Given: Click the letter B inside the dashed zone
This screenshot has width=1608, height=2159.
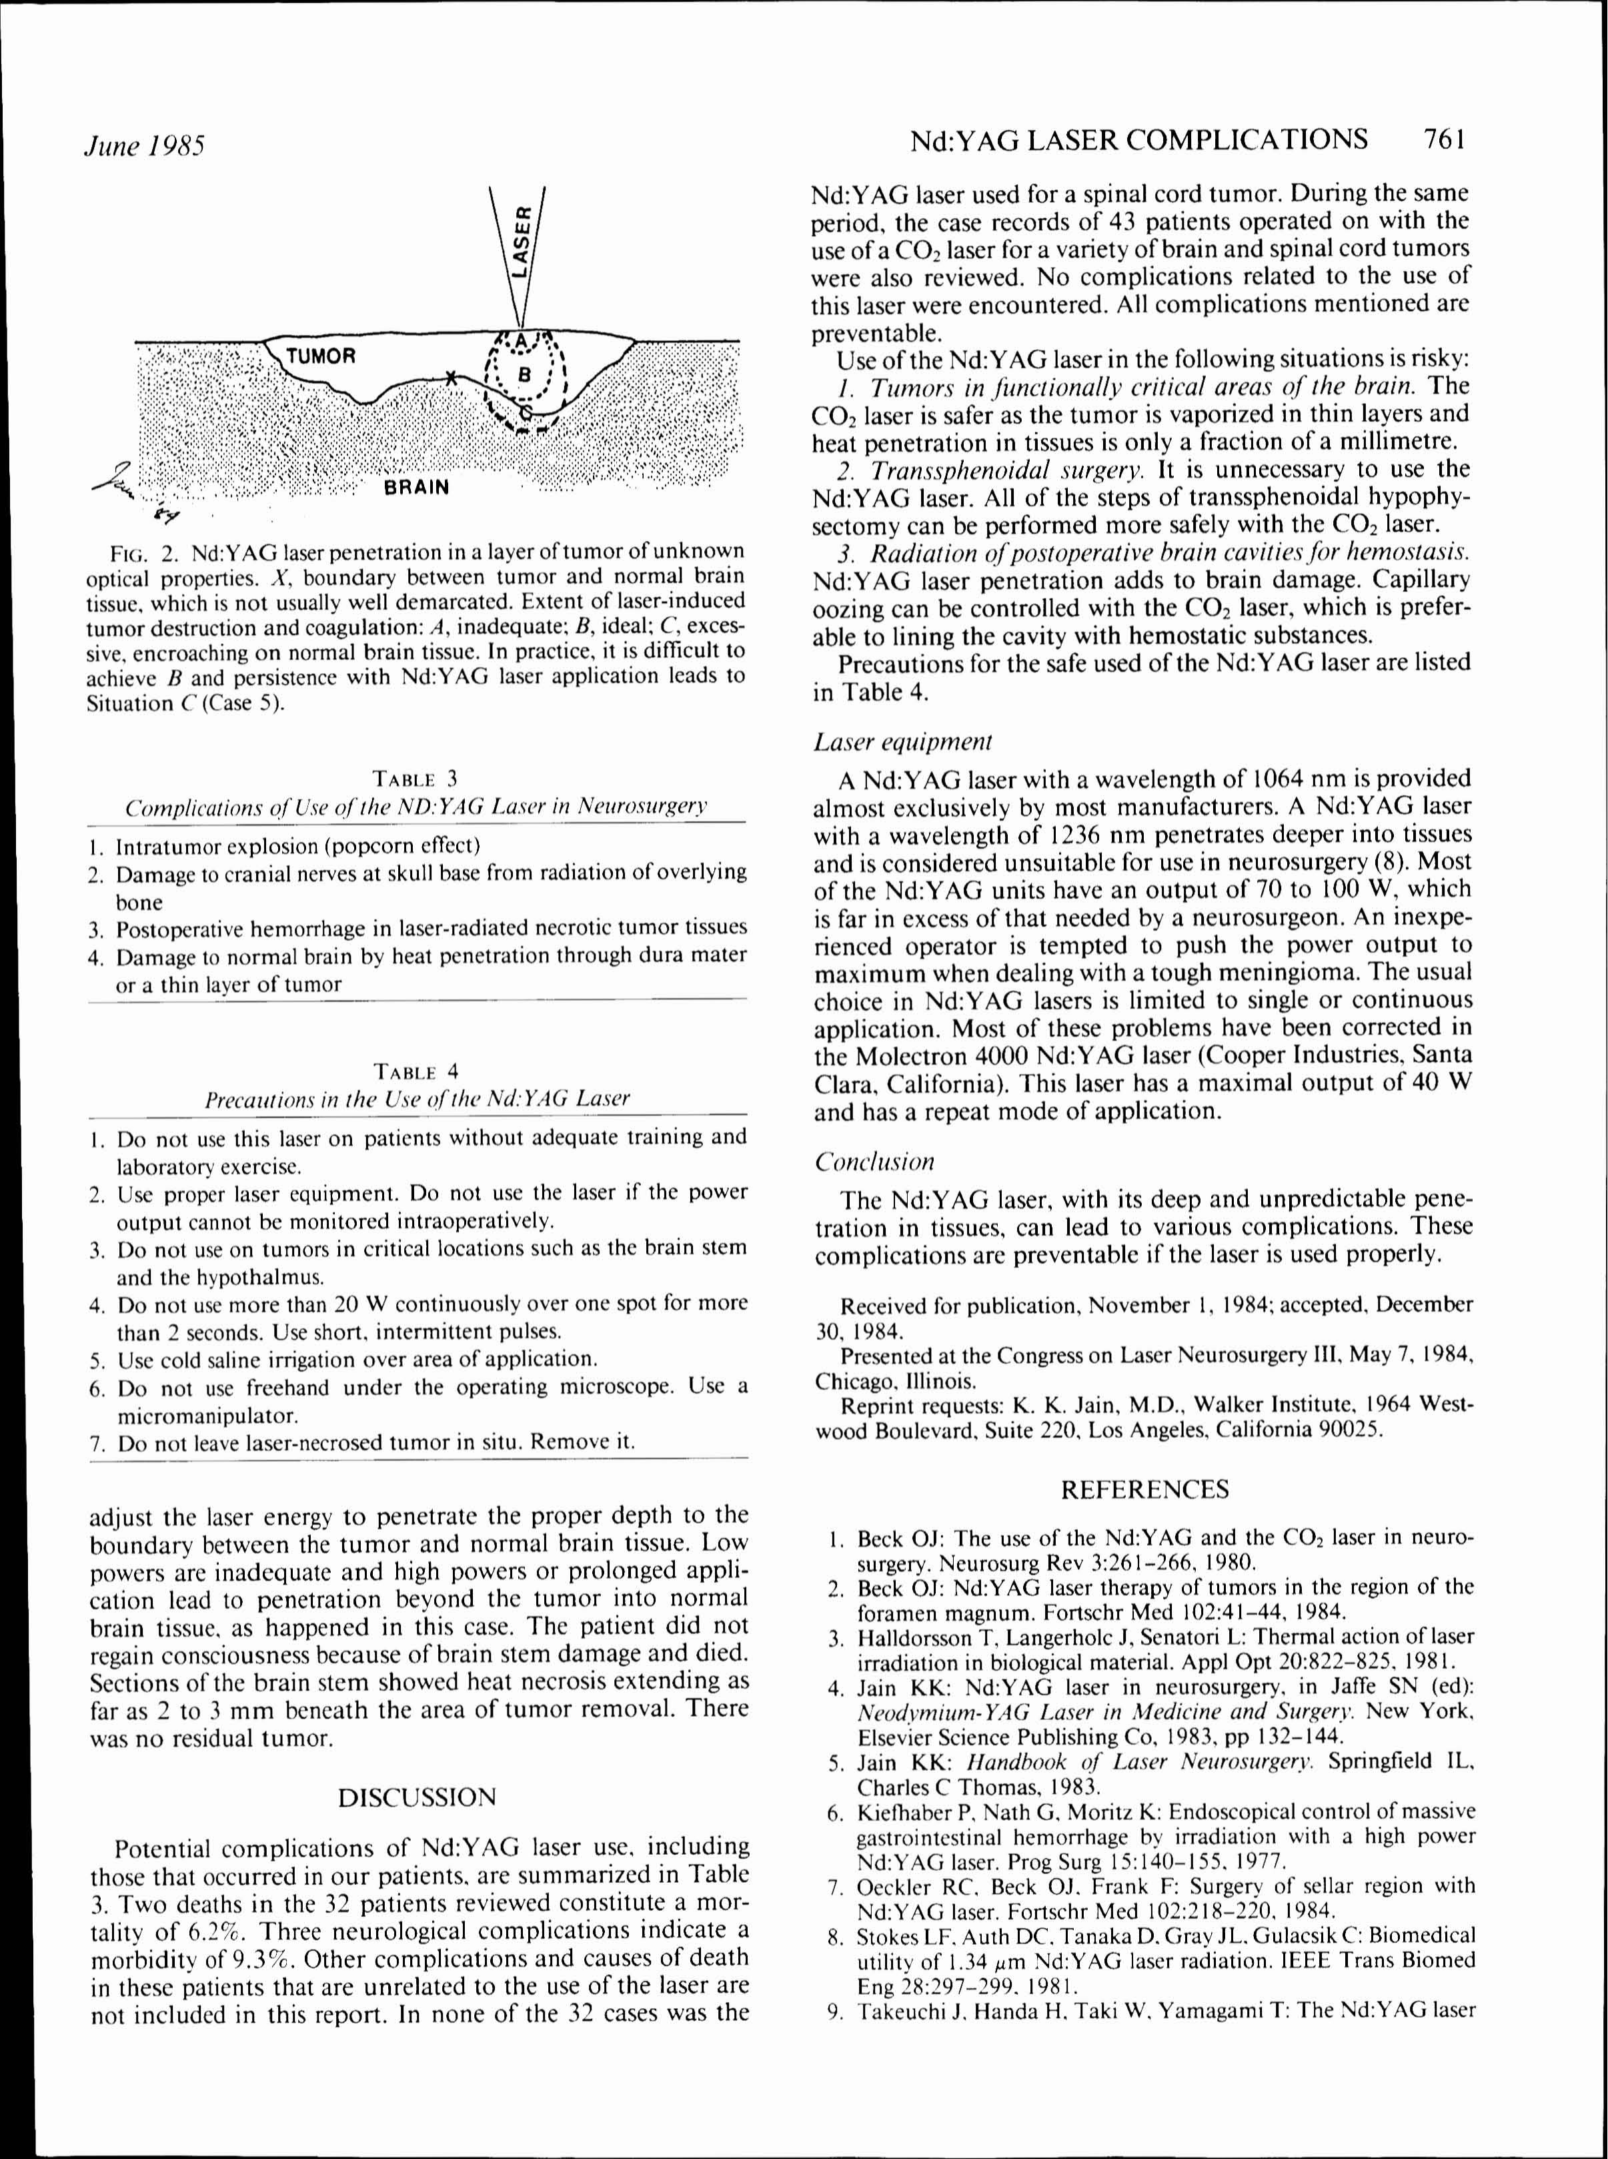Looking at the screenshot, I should pos(526,374).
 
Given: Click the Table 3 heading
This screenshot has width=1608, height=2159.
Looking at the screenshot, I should pos(415,778).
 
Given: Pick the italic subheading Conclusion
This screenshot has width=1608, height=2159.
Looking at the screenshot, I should pos(874,1162).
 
